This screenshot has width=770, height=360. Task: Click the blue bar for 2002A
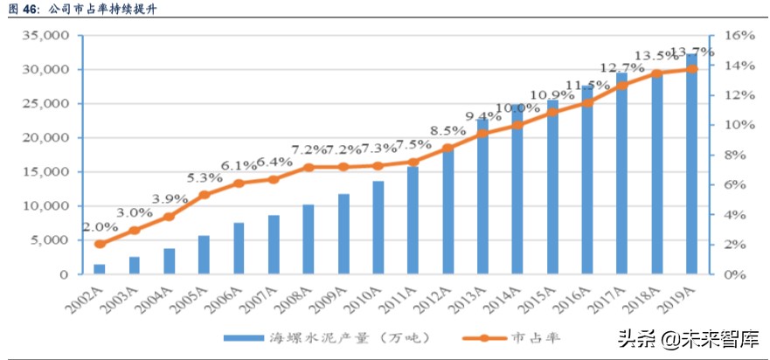tap(100, 269)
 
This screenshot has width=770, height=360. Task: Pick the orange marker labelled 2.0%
tap(100, 245)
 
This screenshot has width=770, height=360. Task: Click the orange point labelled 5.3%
tap(205, 195)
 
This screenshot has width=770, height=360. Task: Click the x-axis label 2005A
tap(194, 297)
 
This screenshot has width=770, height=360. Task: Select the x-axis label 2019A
tap(681, 297)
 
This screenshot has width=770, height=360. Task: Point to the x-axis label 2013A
tap(472, 297)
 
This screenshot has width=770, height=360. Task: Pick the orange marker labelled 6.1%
tap(239, 183)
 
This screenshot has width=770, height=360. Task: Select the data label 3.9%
tap(170, 200)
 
